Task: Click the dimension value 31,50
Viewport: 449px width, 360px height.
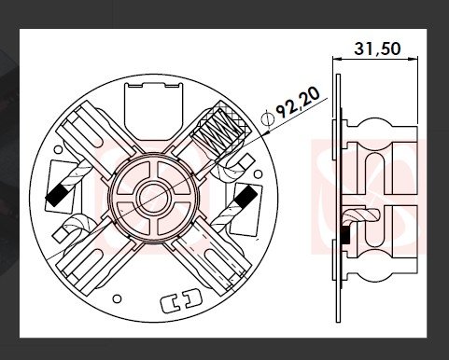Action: pyautogui.click(x=377, y=48)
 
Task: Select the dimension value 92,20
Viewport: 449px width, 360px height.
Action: pyautogui.click(x=298, y=102)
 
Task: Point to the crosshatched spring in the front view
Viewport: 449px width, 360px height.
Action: pyautogui.click(x=220, y=129)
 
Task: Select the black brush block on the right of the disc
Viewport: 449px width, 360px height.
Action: pyautogui.click(x=246, y=197)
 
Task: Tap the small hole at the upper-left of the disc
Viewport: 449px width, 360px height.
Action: pyautogui.click(x=58, y=150)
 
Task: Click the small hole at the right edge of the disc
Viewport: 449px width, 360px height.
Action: pyautogui.click(x=258, y=174)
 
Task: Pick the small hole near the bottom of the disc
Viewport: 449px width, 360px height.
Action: pyautogui.click(x=117, y=298)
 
